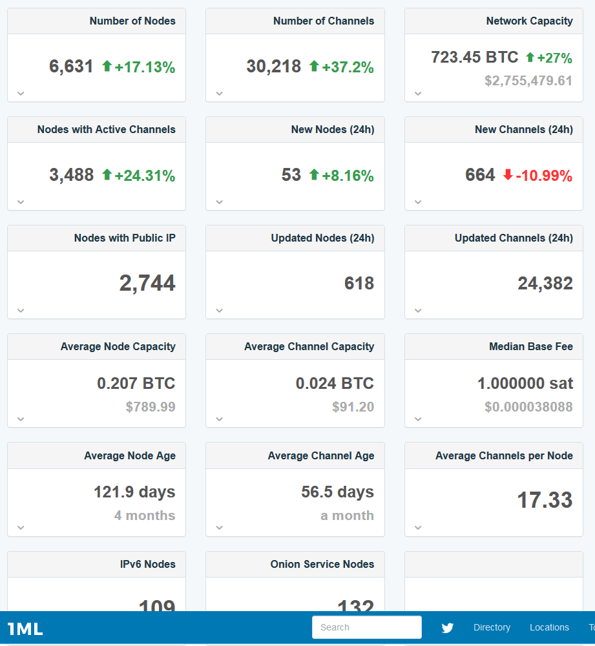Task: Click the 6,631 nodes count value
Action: pos(71,67)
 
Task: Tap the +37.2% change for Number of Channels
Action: pos(348,67)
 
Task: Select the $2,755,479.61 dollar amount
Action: pos(528,81)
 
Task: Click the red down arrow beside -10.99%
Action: pos(508,175)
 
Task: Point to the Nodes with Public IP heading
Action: pos(125,238)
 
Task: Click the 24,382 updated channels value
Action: pos(545,283)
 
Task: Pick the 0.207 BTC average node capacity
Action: pos(136,383)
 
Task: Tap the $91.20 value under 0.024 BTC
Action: pos(353,407)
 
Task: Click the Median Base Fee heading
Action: pos(530,346)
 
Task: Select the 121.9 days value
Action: pos(134,492)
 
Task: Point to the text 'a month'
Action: pos(347,516)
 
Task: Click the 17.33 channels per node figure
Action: pos(545,500)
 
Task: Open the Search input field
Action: pos(366,627)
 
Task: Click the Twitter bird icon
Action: pos(447,627)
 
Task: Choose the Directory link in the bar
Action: pos(492,627)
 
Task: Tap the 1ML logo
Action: pos(25,629)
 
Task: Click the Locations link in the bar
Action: pos(549,627)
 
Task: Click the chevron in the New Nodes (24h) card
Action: pos(220,202)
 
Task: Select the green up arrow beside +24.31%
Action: pos(107,174)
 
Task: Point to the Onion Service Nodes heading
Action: pos(322,564)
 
